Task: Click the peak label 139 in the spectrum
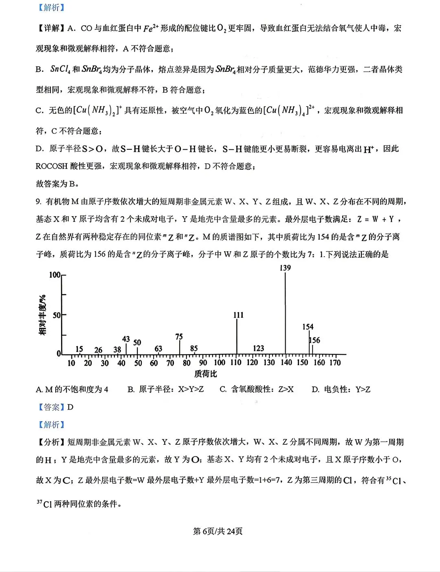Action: pos(285,268)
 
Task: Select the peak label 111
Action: pos(238,315)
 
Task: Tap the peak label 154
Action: pos(308,327)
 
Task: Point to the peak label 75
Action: pos(179,337)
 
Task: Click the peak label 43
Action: pos(126,339)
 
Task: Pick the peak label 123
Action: pos(258,348)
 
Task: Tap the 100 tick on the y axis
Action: pos(55,275)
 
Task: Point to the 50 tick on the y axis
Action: pos(56,315)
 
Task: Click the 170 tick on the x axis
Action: pos(335,363)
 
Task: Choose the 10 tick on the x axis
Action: pos(71,363)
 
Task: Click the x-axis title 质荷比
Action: pos(205,374)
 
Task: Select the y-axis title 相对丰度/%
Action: pos(42,315)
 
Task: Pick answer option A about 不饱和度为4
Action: pos(72,390)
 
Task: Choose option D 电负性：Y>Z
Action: pos(341,390)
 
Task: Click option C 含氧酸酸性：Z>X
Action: pos(257,390)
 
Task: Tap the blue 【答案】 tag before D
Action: pos(51,407)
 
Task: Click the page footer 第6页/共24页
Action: pos(218,531)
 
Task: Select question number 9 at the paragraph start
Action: pos(38,202)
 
